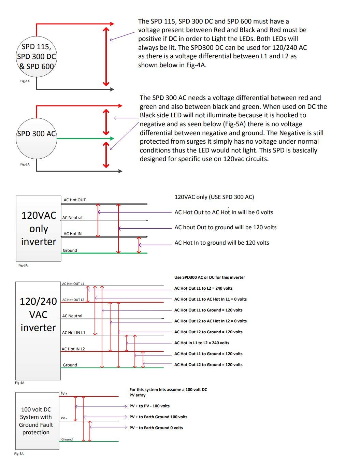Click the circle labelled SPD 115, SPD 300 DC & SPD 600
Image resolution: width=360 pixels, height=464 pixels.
click(37, 56)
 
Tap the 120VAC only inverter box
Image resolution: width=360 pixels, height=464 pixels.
click(39, 228)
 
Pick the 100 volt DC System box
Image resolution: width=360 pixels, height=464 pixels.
click(36, 421)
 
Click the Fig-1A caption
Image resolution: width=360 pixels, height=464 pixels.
click(25, 81)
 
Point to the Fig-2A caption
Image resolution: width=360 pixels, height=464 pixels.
click(25, 164)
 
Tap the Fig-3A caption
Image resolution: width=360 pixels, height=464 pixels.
click(23, 265)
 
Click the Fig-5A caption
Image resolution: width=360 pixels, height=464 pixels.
click(19, 453)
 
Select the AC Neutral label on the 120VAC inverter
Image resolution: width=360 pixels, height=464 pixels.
click(72, 218)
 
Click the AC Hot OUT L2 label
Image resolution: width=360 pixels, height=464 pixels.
click(73, 300)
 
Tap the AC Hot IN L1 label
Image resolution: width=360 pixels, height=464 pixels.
click(74, 332)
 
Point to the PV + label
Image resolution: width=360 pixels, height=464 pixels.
click(64, 394)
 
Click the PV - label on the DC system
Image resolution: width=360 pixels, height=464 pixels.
click(63, 418)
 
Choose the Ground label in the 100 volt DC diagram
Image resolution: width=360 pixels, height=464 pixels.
click(67, 439)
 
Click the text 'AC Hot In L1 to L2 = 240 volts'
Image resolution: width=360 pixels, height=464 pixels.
click(202, 343)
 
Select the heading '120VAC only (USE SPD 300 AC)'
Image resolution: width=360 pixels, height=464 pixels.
click(214, 197)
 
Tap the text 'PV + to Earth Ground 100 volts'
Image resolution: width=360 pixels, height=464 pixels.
click(158, 417)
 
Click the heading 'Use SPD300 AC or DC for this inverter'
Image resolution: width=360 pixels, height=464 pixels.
click(210, 277)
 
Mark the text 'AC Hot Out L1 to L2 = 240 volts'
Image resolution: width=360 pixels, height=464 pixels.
click(203, 288)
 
